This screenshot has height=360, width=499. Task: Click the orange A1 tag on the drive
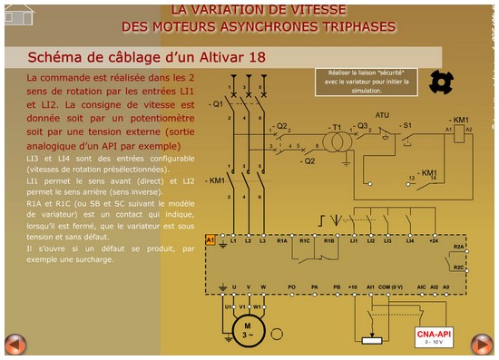pos(210,239)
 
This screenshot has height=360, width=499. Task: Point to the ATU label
pos(382,115)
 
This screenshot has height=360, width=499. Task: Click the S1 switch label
pos(408,124)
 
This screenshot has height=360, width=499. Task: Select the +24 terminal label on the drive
pos(434,241)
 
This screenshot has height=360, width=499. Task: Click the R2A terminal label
pos(458,247)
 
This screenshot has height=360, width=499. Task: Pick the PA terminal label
pos(314,287)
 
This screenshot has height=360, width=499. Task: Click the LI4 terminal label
pos(410,241)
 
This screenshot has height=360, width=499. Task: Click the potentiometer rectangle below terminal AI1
pos(370,341)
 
